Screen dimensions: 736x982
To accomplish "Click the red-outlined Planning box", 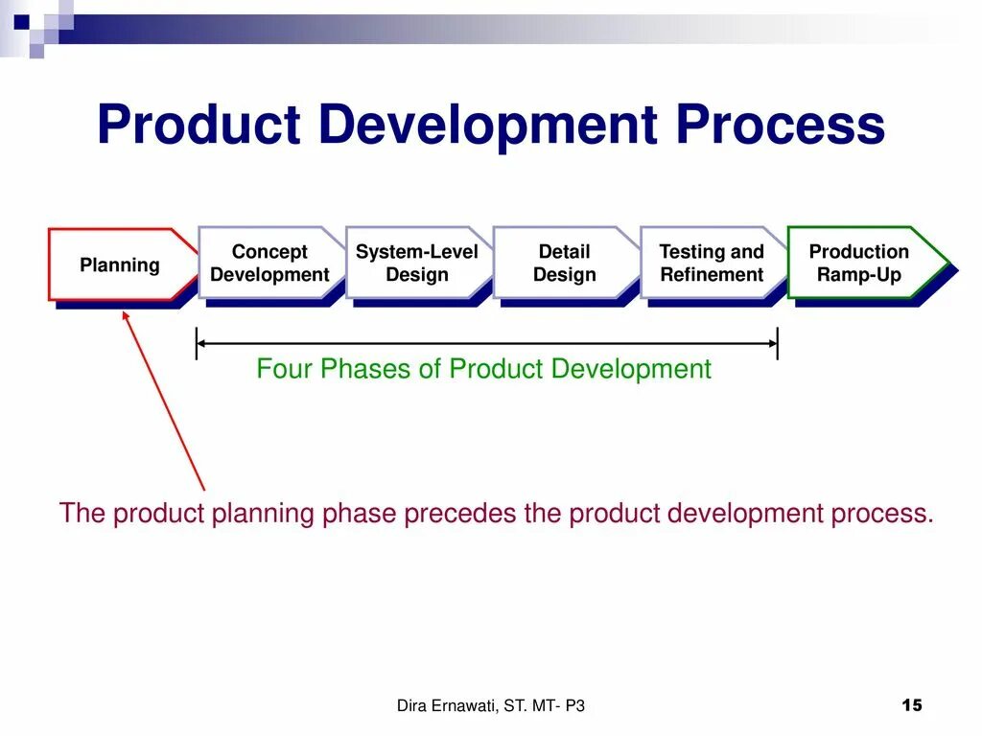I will (x=119, y=264).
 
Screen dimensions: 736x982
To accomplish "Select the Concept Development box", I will (x=269, y=264).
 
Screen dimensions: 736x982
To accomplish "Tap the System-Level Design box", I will (x=416, y=264).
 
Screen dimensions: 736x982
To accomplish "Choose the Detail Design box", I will (x=564, y=264).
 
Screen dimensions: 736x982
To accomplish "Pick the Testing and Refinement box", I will (x=712, y=264).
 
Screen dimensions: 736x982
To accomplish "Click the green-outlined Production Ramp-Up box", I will (x=859, y=264).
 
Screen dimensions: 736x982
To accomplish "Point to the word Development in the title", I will (x=497, y=126).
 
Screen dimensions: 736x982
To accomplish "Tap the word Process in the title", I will (x=781, y=126).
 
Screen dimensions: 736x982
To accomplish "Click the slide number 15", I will (x=912, y=706).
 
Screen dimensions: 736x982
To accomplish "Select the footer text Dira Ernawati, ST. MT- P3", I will (x=490, y=706).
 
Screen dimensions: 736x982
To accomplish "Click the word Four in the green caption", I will (x=285, y=369).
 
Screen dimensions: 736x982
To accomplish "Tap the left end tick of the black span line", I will (x=197, y=343).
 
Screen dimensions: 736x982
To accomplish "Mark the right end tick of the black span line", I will (x=777, y=343).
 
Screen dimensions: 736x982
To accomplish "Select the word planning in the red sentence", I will (x=262, y=514).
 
